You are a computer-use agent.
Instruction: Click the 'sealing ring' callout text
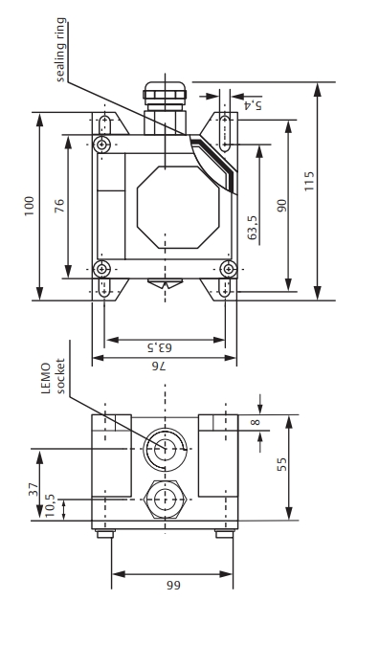coord(60,50)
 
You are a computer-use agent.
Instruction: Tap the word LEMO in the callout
coord(47,378)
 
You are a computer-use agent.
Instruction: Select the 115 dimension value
coord(309,181)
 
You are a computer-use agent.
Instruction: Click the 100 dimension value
coord(29,207)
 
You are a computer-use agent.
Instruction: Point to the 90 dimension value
coord(282,205)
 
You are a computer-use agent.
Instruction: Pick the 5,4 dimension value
coord(253,105)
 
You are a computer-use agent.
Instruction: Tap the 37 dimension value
coord(33,489)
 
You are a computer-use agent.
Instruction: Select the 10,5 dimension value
coord(50,506)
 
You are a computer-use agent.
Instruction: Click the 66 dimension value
coord(173,585)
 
